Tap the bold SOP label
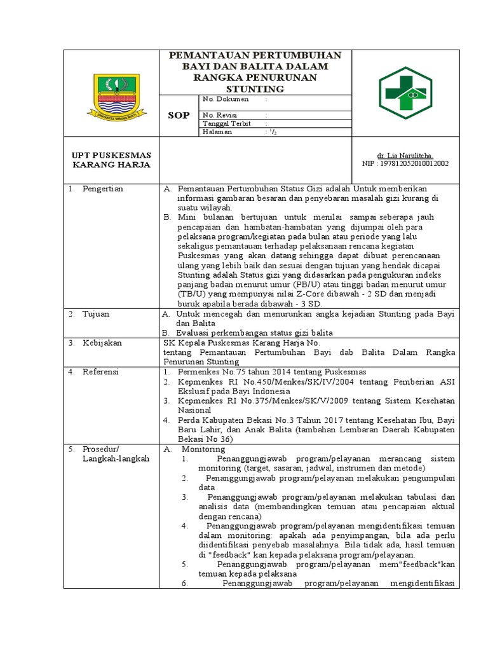[x=178, y=116]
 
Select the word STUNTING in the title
[x=255, y=88]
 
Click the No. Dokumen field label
[x=226, y=100]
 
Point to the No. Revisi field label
[x=220, y=114]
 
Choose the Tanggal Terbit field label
[x=226, y=123]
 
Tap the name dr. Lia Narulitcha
[x=404, y=155]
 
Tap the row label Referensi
[x=102, y=372]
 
